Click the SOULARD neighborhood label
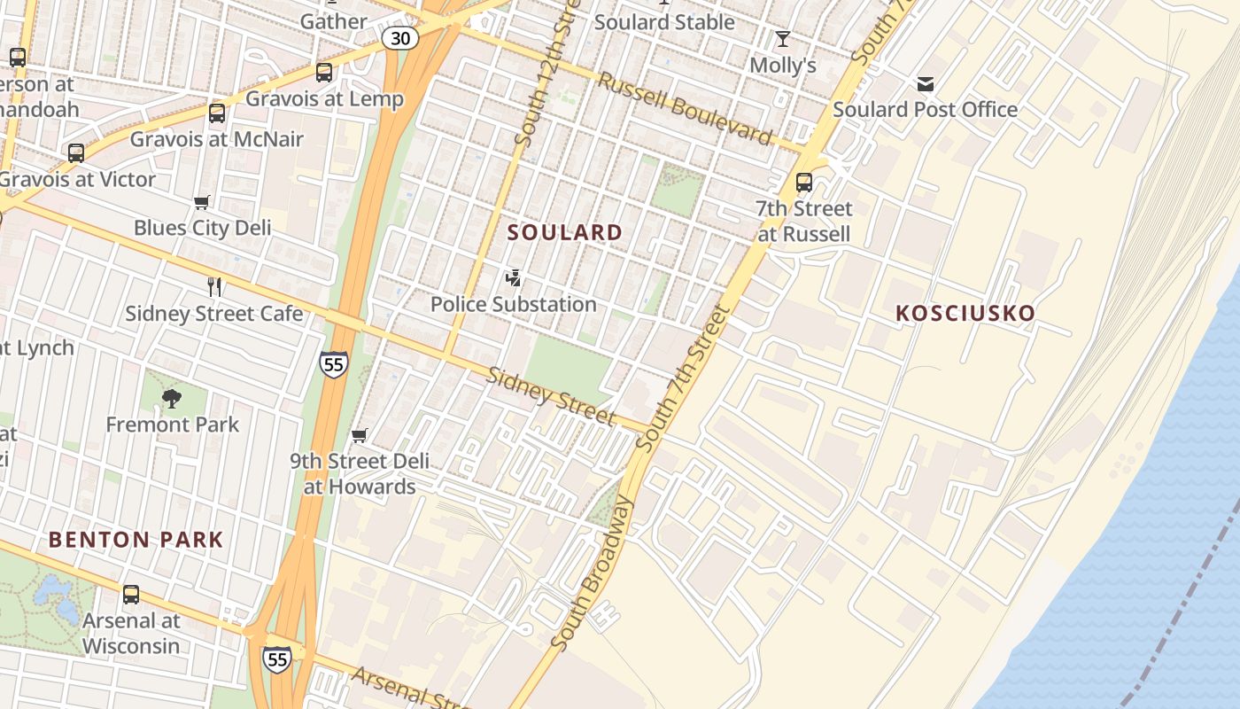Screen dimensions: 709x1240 565,232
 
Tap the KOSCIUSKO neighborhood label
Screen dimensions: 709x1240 965,313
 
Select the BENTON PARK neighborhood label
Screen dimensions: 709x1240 136,539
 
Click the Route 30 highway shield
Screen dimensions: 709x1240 400,37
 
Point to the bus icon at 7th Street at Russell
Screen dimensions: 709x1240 804,183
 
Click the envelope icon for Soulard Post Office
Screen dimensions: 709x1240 926,84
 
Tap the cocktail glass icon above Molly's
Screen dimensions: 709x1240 782,39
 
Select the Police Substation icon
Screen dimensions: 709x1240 513,278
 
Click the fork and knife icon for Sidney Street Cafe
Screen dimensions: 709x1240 213,286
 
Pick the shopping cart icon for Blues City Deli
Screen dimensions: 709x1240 202,203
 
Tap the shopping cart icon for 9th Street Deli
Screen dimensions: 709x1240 360,435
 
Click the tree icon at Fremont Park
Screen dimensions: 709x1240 172,399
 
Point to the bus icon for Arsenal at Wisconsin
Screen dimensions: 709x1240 131,595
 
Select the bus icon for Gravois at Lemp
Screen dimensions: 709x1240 324,73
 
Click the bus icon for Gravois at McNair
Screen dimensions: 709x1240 217,113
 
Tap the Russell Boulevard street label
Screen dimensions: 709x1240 685,107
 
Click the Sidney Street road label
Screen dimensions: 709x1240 552,395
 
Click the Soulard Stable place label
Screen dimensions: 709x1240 664,22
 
